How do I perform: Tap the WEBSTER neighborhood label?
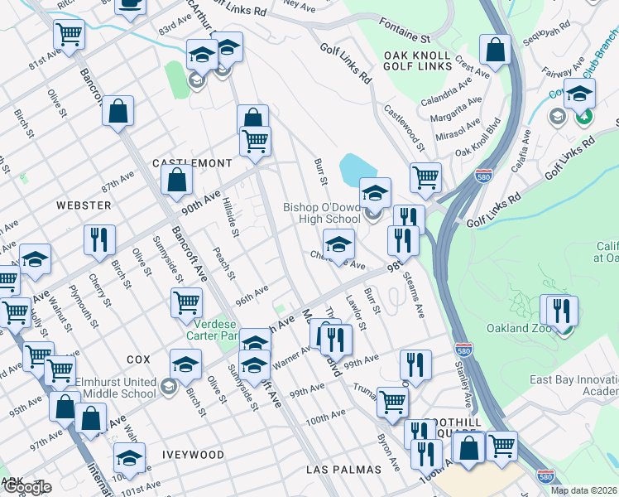pos(84,205)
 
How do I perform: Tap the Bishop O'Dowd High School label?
pos(322,213)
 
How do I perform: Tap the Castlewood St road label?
pos(404,127)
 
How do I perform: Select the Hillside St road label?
pos(231,221)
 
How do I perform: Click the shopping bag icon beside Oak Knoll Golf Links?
pos(495,51)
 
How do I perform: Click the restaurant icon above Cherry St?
pos(99,239)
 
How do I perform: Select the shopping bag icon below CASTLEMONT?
pos(177,181)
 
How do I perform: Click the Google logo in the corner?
pos(26,487)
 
